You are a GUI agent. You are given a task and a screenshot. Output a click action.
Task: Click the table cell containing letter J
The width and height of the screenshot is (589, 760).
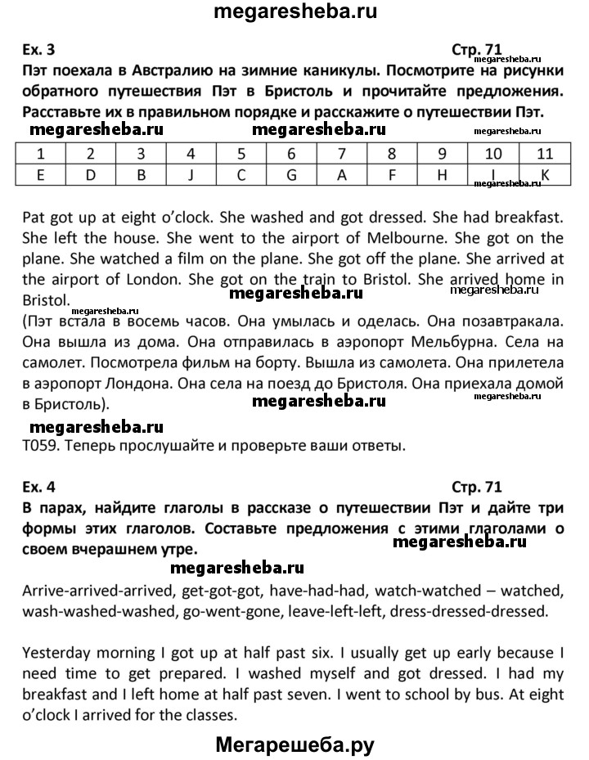pyautogui.click(x=191, y=173)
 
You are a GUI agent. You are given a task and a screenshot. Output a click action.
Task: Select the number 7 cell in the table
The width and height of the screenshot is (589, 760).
pyautogui.click(x=342, y=153)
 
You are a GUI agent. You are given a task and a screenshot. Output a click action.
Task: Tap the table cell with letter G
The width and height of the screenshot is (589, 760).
pyautogui.click(x=291, y=173)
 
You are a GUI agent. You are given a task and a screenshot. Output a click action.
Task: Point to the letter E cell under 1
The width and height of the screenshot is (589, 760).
pyautogui.click(x=41, y=173)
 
